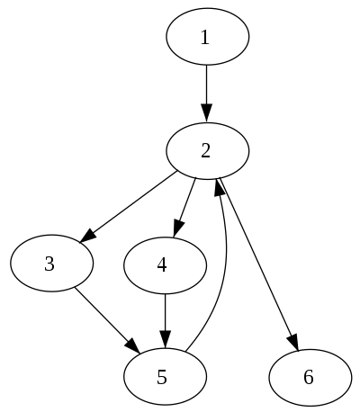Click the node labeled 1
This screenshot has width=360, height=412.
[x=207, y=37]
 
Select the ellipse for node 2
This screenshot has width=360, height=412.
[x=207, y=150]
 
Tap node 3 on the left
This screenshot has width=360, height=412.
[x=51, y=264]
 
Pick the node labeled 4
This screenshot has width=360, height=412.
[x=165, y=264]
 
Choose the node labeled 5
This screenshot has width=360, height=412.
[x=165, y=377]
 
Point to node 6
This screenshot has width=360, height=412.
[x=309, y=377]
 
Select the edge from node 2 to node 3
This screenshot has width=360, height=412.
[x=130, y=205]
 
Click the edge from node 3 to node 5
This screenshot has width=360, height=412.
[x=103, y=317]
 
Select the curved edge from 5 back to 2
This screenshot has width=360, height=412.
[x=221, y=270]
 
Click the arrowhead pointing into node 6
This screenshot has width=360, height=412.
[x=292, y=341]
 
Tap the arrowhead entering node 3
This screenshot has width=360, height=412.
[x=88, y=235]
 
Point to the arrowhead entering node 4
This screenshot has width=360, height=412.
[x=178, y=228]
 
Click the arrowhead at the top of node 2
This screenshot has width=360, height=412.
[x=207, y=114]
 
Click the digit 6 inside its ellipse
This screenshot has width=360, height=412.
[x=309, y=377]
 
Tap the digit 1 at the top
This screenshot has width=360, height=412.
[x=205, y=37]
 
